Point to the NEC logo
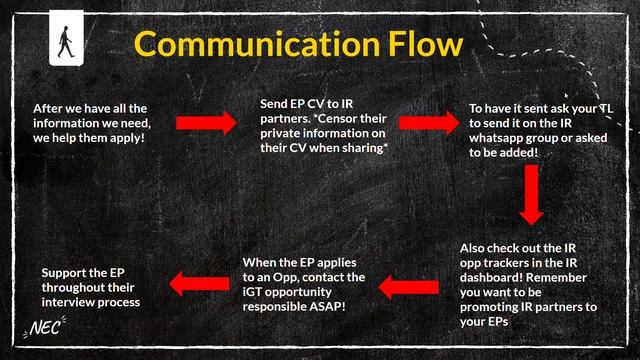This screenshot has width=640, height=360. [x=46, y=327]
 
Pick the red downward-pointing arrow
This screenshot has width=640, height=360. [x=531, y=195]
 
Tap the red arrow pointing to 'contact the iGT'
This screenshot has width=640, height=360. [x=406, y=288]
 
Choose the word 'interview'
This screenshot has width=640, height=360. [x=71, y=300]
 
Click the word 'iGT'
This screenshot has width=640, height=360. [x=254, y=291]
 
